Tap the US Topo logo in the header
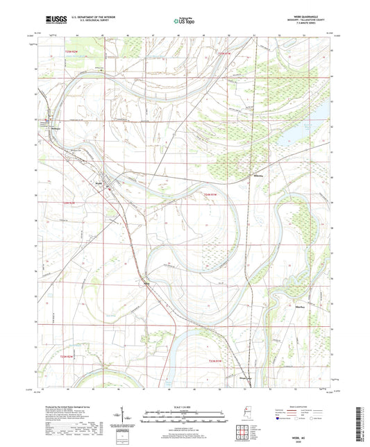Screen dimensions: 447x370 pos(183,22)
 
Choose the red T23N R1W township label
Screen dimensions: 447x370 pos(217,360)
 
